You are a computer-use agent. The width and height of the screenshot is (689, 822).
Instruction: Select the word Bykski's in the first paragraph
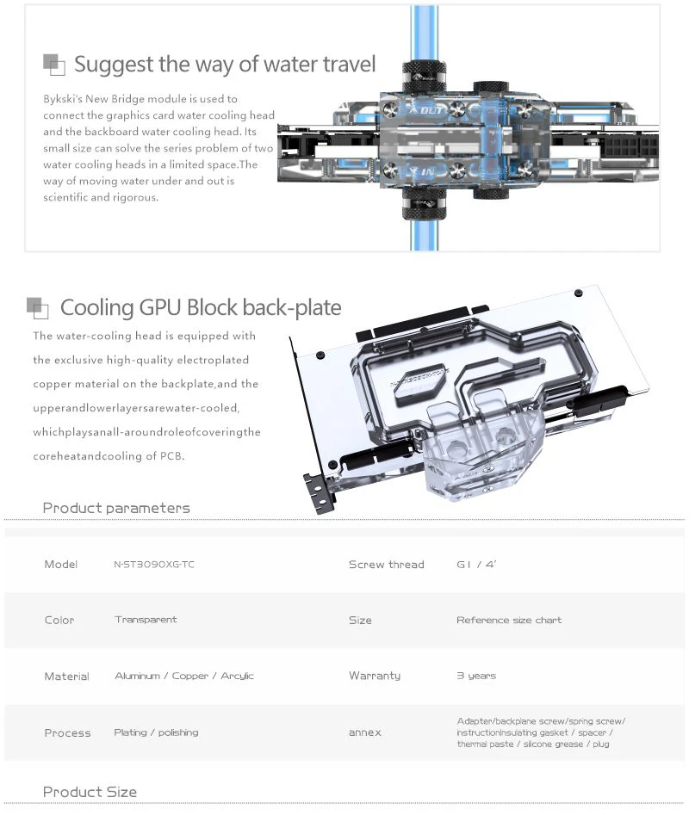click(64, 99)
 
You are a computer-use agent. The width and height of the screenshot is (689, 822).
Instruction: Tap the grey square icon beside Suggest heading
click(53, 63)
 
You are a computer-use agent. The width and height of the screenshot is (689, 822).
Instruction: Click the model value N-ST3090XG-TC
click(153, 565)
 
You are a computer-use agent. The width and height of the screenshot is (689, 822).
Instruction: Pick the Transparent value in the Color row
click(146, 620)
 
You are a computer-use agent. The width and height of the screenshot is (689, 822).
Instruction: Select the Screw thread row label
click(386, 565)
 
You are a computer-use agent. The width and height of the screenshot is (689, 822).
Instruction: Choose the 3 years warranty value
click(476, 676)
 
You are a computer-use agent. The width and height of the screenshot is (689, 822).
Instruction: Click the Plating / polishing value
click(156, 732)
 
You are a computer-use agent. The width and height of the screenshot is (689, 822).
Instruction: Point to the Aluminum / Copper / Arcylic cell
click(183, 676)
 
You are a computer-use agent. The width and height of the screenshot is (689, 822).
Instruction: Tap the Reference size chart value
click(508, 620)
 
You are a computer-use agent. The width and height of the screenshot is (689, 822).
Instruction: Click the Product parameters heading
click(116, 508)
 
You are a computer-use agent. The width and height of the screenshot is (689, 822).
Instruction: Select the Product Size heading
click(90, 792)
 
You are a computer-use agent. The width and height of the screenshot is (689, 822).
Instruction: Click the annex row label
click(364, 732)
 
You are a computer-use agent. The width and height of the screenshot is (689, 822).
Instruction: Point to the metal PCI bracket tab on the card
click(318, 491)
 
